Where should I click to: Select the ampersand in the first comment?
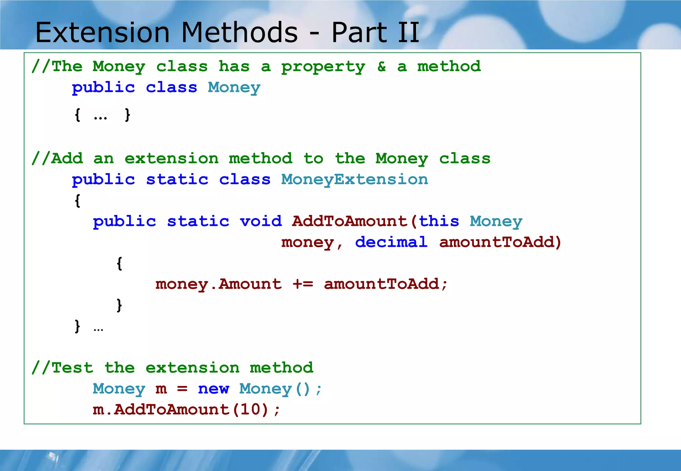click(x=381, y=67)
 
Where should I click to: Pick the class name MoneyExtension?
click(x=354, y=180)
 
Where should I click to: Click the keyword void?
click(x=261, y=221)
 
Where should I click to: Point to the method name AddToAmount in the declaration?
click(x=349, y=221)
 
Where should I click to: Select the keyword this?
click(x=439, y=221)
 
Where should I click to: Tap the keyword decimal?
click(x=391, y=242)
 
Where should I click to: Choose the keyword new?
click(x=213, y=389)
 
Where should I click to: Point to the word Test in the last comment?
click(x=72, y=368)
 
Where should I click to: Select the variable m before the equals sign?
click(x=161, y=389)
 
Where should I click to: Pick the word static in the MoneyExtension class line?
click(x=177, y=180)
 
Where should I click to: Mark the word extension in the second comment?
click(x=172, y=159)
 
